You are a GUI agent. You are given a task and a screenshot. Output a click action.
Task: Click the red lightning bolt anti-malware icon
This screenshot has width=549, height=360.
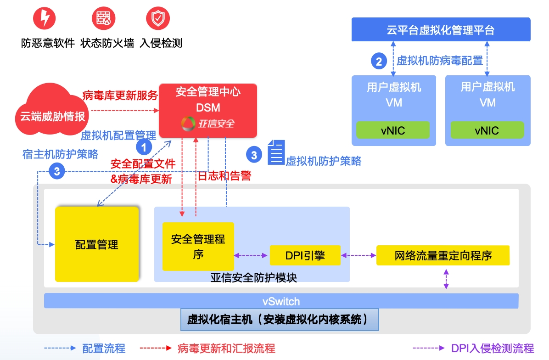[x=45, y=19]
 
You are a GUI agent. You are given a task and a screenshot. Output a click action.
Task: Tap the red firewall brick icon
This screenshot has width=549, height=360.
[x=101, y=19]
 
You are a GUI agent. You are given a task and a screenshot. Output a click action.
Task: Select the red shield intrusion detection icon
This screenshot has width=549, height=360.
[x=157, y=19]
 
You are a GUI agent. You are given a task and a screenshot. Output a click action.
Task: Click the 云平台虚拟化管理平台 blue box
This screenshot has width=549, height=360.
[x=441, y=30]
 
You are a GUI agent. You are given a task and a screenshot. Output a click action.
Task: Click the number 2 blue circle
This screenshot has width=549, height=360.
[x=379, y=62]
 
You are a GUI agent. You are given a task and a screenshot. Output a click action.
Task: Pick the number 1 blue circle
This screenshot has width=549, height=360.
[x=144, y=148]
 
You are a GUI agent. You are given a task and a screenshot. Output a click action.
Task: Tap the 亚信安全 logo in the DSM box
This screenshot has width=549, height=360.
[x=208, y=124]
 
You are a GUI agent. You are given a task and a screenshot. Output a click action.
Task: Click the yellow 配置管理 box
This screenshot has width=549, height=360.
[x=97, y=244]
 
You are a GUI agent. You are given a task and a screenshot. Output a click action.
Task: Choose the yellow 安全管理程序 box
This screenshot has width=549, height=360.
[x=198, y=246]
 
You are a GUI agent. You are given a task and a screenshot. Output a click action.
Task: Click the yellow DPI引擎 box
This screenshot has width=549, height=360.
[x=305, y=255]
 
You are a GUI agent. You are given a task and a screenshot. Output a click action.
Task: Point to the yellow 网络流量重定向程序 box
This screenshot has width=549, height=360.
[x=443, y=255]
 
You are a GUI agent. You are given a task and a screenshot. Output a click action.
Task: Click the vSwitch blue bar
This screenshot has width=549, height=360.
[x=281, y=301]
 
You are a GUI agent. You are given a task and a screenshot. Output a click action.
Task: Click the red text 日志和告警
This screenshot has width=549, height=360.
[x=224, y=176]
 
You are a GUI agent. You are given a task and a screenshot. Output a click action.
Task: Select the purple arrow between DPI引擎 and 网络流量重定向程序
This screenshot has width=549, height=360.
[x=359, y=255]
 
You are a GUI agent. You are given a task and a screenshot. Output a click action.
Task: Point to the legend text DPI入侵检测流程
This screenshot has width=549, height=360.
[x=493, y=348]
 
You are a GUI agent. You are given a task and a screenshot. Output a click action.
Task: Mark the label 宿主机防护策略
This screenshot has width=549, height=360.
[x=60, y=154]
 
